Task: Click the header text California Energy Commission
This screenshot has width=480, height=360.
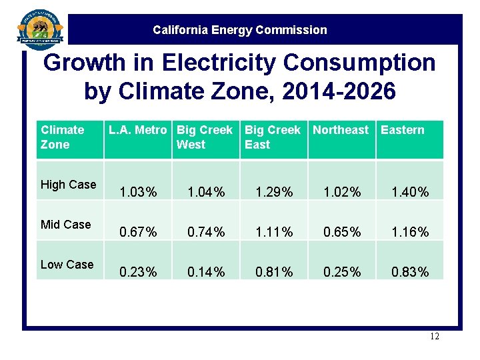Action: tap(240, 30)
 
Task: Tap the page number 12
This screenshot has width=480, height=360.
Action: tap(435, 337)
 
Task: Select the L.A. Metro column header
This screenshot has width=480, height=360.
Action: tap(138, 130)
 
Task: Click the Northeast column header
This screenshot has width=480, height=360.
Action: tap(341, 130)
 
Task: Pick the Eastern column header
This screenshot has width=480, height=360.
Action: tap(402, 130)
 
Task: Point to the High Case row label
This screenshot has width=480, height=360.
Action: tap(68, 185)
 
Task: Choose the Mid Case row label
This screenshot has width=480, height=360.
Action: tap(65, 225)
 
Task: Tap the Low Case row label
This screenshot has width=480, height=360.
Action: tap(67, 265)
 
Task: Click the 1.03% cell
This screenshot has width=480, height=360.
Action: tap(139, 193)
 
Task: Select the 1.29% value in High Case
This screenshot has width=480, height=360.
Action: tap(274, 193)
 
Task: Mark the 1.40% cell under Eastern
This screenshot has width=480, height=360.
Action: tap(409, 193)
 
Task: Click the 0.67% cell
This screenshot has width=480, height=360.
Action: tap(139, 233)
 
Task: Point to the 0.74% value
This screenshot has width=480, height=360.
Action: tap(206, 233)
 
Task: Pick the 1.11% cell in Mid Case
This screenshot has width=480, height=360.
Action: tap(274, 233)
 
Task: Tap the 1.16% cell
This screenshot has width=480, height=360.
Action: tap(409, 233)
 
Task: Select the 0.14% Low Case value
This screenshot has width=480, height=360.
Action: tap(206, 272)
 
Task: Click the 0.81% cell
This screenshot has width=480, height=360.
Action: tap(274, 272)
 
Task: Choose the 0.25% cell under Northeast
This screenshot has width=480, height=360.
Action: tap(341, 272)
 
